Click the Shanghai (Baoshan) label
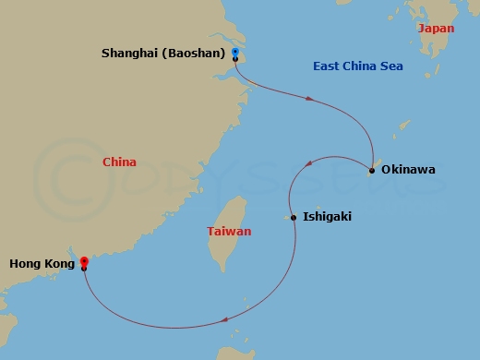tap(163, 54)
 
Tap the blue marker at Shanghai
tap(235, 52)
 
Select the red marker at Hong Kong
tap(84, 261)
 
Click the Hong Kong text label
tap(42, 264)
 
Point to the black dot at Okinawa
tap(371, 170)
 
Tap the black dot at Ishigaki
tap(294, 218)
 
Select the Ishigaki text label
tap(327, 218)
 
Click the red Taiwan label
tap(229, 232)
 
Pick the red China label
tap(119, 162)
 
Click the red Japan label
tap(436, 30)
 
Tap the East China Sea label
tap(357, 66)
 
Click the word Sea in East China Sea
tap(391, 66)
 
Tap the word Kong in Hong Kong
tap(59, 264)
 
